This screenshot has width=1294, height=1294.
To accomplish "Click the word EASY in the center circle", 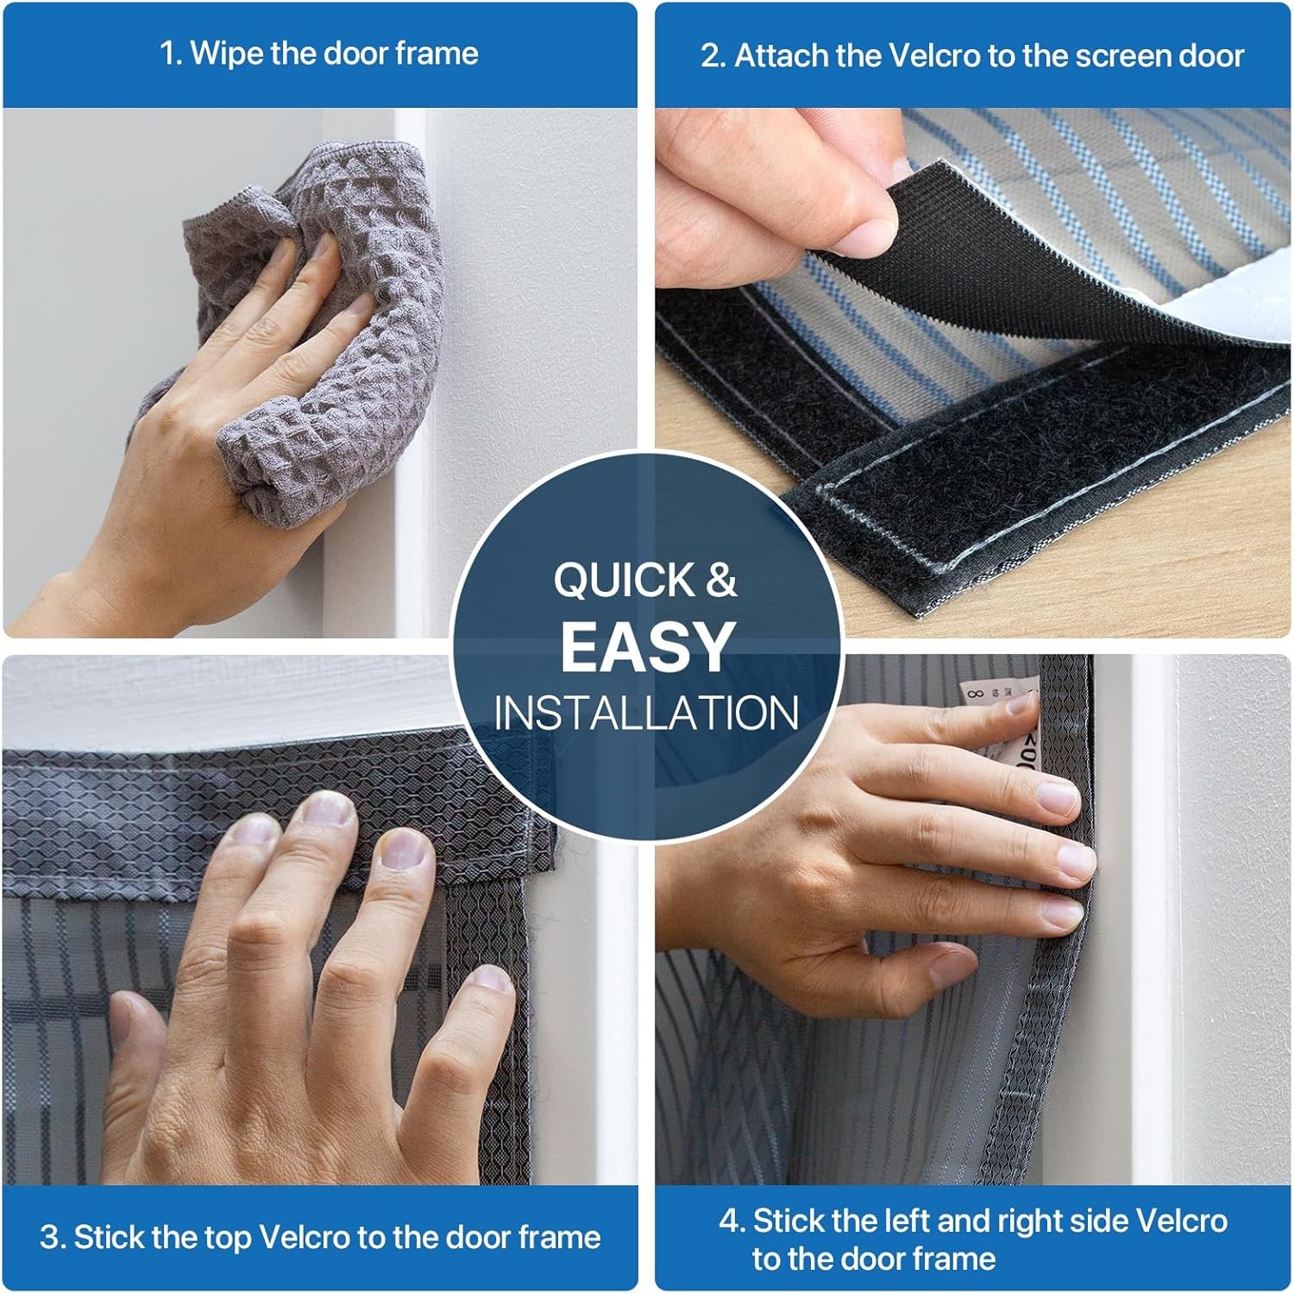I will coord(646,646).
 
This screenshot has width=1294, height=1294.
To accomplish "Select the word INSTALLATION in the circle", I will coord(646,713).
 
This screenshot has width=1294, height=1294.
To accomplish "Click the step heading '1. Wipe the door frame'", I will coord(319,53).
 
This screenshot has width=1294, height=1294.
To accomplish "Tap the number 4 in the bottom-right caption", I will coord(729,1221).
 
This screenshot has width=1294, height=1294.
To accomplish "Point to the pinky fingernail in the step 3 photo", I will coord(485,979).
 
